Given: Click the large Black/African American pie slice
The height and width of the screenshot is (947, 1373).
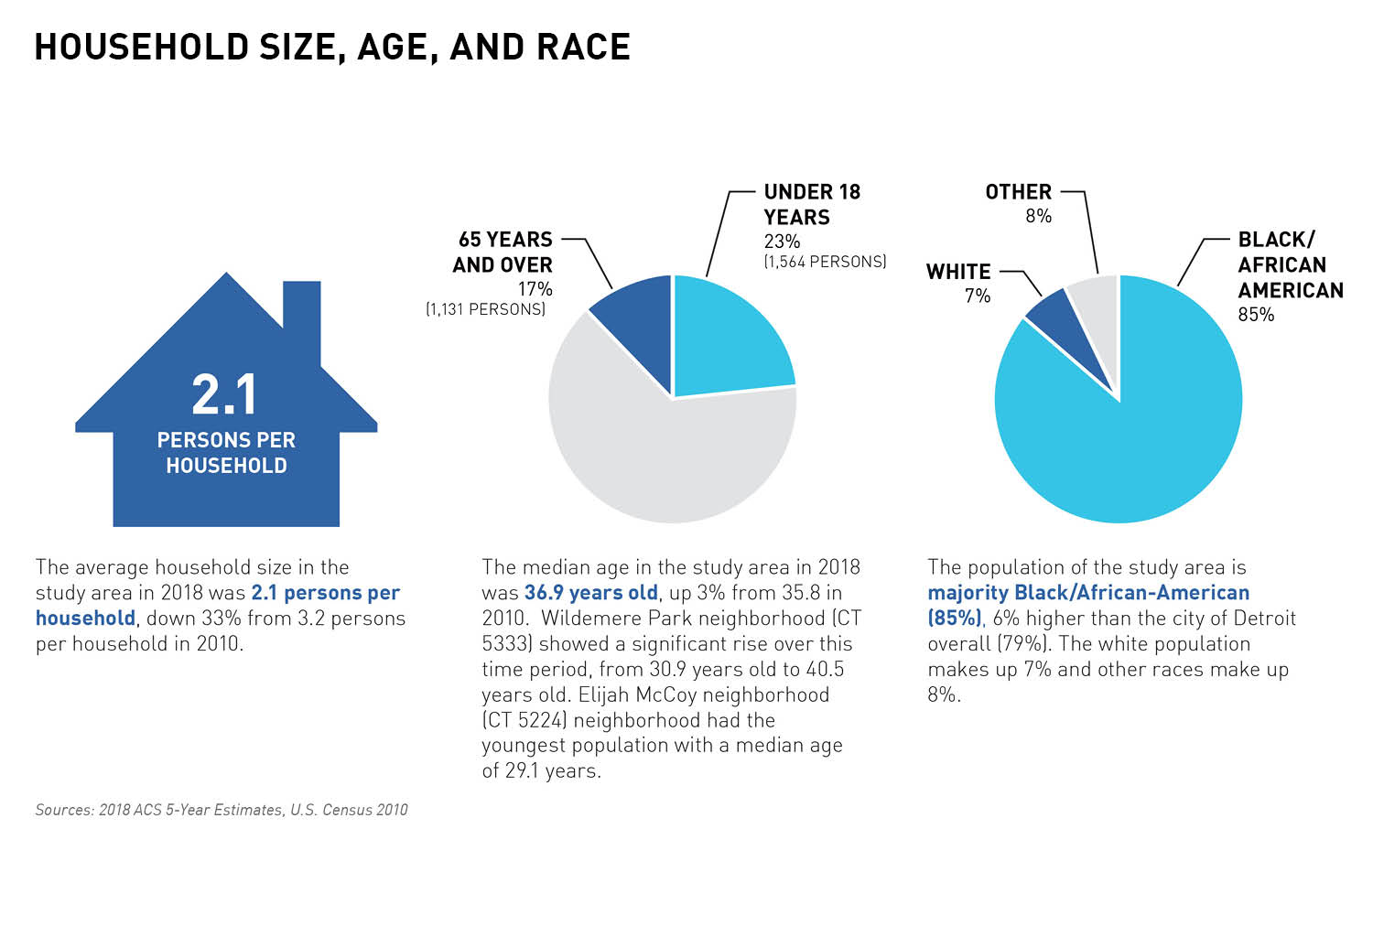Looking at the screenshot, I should (1126, 439).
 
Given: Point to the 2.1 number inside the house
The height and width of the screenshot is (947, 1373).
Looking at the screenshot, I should (225, 395).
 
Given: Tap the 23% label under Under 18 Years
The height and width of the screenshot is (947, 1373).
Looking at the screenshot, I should (782, 242).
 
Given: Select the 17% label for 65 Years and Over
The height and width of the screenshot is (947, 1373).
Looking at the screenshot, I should (535, 289).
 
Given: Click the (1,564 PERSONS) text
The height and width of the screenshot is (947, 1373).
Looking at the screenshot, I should (825, 262).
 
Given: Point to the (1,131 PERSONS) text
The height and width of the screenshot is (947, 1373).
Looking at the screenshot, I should (485, 309).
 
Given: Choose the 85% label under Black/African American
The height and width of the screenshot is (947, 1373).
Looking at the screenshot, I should (1256, 315).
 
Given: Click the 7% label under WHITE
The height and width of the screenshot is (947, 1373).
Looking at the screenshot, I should (978, 296).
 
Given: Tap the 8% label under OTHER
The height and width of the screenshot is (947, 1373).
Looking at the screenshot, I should (1038, 216).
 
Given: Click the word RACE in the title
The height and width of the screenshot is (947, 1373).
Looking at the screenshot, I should (584, 48).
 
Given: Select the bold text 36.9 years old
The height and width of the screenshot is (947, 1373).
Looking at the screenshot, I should (590, 593).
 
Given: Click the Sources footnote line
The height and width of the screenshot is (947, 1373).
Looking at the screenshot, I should (222, 810).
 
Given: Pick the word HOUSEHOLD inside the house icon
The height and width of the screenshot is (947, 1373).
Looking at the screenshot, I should (226, 466).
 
